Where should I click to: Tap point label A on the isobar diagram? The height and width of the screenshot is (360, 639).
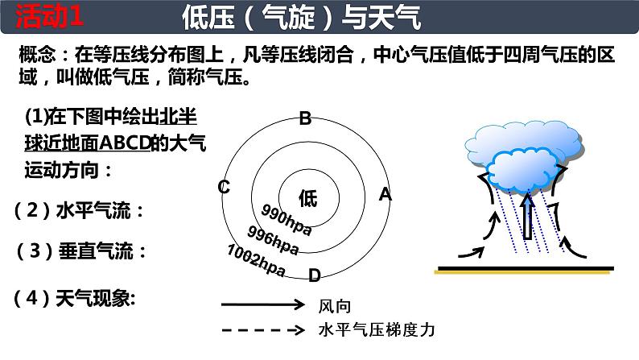pyautogui.click(x=385, y=194)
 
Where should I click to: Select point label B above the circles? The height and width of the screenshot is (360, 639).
pyautogui.click(x=305, y=119)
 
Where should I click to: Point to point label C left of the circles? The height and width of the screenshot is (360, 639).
pyautogui.click(x=225, y=188)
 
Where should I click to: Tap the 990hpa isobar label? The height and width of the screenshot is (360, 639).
pyautogui.click(x=286, y=217)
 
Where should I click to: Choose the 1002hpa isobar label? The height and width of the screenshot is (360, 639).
pyautogui.click(x=257, y=260)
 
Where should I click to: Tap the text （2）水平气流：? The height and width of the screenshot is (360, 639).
pyautogui.click(x=80, y=211)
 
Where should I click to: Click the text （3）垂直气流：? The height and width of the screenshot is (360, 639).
pyautogui.click(x=81, y=251)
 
